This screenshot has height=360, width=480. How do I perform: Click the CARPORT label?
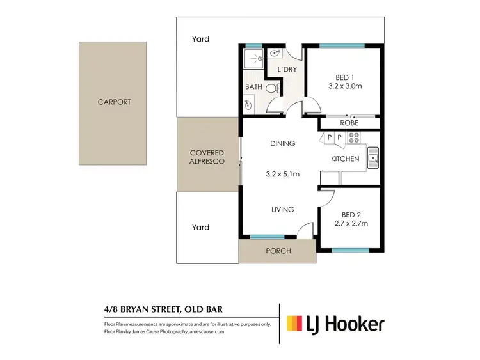point(114,102)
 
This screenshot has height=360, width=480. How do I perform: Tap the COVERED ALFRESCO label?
point(207,157)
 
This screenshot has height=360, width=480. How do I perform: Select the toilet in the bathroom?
point(271,88)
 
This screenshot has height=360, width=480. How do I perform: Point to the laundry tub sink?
point(276,54)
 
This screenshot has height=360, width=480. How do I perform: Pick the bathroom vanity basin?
point(248,104)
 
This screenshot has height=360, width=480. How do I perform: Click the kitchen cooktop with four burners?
point(353,136)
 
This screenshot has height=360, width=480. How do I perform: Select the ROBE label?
point(349,123)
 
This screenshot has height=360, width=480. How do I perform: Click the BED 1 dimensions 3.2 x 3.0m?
point(346,86)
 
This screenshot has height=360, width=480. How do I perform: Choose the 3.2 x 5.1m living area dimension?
point(282,173)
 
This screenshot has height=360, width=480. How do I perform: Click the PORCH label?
point(278,251)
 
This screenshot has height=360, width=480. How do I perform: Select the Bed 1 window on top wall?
point(342,45)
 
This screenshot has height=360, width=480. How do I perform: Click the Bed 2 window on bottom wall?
point(351,250)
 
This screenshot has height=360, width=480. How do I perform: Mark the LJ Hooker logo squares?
point(294,323)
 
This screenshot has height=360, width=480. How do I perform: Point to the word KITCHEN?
point(344,159)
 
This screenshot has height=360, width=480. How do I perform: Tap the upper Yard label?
point(201,40)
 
